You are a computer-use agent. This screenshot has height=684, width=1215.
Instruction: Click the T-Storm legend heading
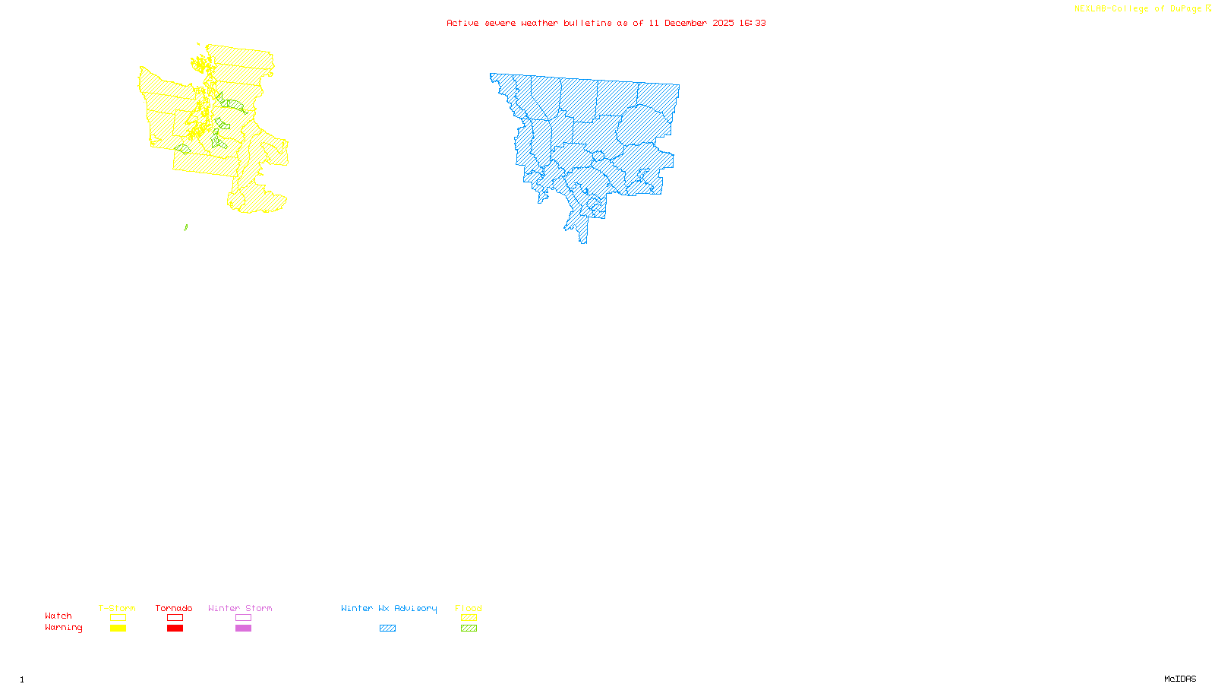click(x=117, y=608)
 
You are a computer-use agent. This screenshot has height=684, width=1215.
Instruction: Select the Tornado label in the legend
click(x=174, y=608)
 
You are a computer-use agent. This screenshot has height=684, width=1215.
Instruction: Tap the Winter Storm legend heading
click(x=240, y=608)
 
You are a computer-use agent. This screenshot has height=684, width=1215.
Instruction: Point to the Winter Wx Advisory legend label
click(x=389, y=608)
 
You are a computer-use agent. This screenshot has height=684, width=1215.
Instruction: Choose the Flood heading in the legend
click(x=469, y=608)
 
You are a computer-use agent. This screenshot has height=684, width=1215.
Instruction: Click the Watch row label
click(x=58, y=616)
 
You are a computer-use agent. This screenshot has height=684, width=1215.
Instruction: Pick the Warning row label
click(x=63, y=628)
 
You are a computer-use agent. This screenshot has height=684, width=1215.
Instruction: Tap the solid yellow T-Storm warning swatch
click(x=118, y=629)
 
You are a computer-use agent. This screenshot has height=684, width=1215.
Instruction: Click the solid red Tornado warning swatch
click(x=175, y=629)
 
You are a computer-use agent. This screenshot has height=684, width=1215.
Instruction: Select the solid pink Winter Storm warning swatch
click(x=243, y=629)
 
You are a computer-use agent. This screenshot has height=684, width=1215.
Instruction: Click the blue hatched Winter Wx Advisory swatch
click(x=387, y=629)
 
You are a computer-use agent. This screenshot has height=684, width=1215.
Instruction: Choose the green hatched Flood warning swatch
click(x=469, y=629)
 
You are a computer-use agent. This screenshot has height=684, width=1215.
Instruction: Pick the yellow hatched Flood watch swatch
click(x=469, y=618)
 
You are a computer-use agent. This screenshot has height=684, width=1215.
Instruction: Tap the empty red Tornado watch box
click(x=175, y=618)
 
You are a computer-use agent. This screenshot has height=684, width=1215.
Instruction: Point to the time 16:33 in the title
click(x=753, y=23)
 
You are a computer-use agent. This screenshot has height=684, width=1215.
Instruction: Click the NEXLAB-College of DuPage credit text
click(x=1138, y=9)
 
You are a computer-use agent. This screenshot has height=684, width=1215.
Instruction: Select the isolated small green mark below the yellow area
click(x=186, y=226)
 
